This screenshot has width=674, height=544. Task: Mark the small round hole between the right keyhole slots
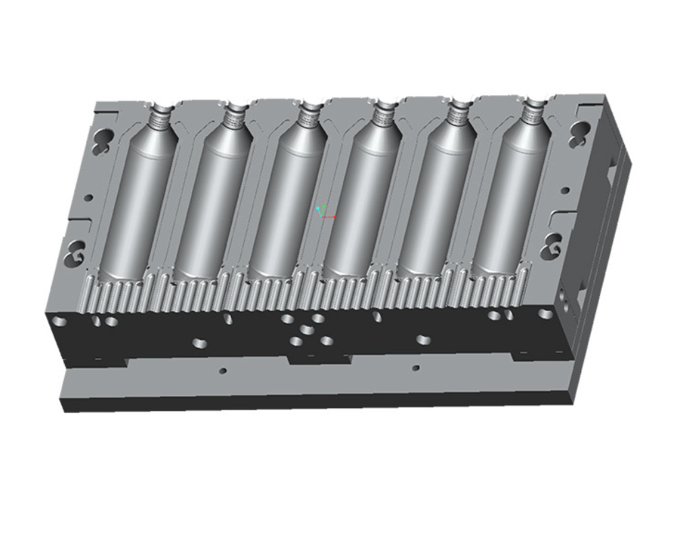point(565,191)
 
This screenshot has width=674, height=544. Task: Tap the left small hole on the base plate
point(223,371)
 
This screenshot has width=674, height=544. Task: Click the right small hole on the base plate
point(416,368)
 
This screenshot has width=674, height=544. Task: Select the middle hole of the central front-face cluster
point(307,330)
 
